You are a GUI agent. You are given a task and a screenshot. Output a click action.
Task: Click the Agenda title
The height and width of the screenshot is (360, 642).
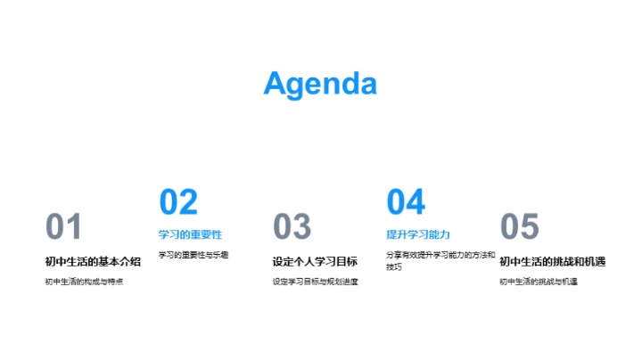point(320,84)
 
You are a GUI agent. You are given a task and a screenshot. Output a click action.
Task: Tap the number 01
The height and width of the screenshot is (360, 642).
point(63,227)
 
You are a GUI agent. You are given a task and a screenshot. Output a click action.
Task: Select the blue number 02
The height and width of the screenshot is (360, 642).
point(178,202)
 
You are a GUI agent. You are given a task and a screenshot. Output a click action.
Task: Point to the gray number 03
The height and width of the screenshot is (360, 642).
point(292,227)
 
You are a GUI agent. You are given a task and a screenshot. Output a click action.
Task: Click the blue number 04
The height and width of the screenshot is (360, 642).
point(406,202)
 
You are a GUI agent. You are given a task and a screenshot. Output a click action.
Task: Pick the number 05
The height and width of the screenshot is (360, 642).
point(520,227)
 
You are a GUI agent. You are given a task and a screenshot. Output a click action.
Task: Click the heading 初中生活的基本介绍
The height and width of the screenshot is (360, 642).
point(93,261)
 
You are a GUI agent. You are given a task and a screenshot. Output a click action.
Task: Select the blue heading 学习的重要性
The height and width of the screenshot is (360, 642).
point(190,235)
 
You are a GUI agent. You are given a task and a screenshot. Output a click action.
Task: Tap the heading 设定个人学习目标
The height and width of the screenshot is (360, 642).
point(315,261)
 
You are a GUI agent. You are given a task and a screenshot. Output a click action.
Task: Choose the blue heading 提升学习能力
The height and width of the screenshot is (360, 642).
point(418,235)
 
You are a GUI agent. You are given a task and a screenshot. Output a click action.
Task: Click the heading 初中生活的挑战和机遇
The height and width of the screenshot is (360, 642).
point(553,261)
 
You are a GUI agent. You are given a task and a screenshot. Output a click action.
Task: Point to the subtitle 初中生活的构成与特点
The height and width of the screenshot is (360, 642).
point(84,282)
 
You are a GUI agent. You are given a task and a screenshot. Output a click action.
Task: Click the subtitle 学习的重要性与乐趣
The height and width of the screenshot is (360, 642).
point(193,255)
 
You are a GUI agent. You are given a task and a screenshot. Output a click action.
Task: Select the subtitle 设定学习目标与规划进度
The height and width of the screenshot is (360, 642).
point(316,282)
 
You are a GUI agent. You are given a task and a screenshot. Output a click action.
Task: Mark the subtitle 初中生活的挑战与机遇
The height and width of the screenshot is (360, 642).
point(539,282)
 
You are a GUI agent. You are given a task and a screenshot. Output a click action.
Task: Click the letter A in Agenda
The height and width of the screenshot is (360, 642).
point(277,84)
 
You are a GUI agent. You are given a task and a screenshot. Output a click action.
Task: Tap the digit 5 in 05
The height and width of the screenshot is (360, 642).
point(531,227)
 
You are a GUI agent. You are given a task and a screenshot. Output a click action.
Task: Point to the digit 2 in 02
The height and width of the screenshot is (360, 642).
point(188,202)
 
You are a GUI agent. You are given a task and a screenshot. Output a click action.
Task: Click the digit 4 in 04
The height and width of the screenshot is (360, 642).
point(416,202)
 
